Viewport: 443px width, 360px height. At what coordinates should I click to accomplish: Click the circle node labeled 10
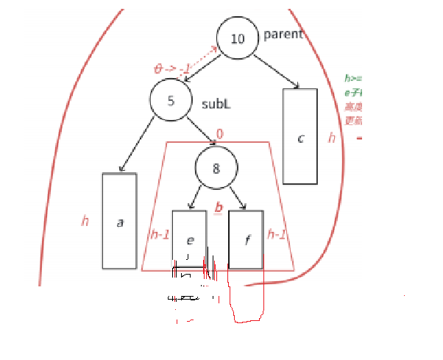[238, 38]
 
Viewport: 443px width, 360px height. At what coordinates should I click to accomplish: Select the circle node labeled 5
[171, 101]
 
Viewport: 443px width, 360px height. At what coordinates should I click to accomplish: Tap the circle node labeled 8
[216, 168]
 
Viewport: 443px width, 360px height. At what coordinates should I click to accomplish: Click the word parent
[283, 35]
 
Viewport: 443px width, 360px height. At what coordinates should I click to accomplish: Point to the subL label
[216, 104]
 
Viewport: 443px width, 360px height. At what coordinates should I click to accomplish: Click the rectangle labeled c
[300, 137]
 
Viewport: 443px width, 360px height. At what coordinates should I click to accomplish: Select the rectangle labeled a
[119, 221]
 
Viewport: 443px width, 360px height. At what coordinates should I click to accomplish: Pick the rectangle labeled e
[189, 239]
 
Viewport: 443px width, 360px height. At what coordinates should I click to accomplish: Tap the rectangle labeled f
[246, 239]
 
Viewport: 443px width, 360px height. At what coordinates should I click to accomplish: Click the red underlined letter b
[218, 208]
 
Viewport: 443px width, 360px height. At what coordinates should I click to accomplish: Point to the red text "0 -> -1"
[171, 69]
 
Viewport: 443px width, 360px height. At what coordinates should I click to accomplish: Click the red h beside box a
[85, 220]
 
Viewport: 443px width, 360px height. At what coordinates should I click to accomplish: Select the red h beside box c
[331, 138]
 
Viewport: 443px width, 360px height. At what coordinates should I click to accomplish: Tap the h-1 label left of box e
[159, 235]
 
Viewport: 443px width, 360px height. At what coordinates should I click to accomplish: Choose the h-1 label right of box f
[277, 235]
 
